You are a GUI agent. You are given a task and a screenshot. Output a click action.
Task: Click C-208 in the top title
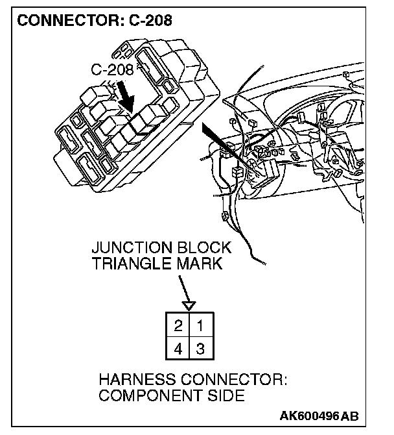(x=149, y=20)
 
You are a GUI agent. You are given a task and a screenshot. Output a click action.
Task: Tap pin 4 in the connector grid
(x=177, y=349)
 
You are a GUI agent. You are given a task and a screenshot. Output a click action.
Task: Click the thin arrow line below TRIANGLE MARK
(x=183, y=286)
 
